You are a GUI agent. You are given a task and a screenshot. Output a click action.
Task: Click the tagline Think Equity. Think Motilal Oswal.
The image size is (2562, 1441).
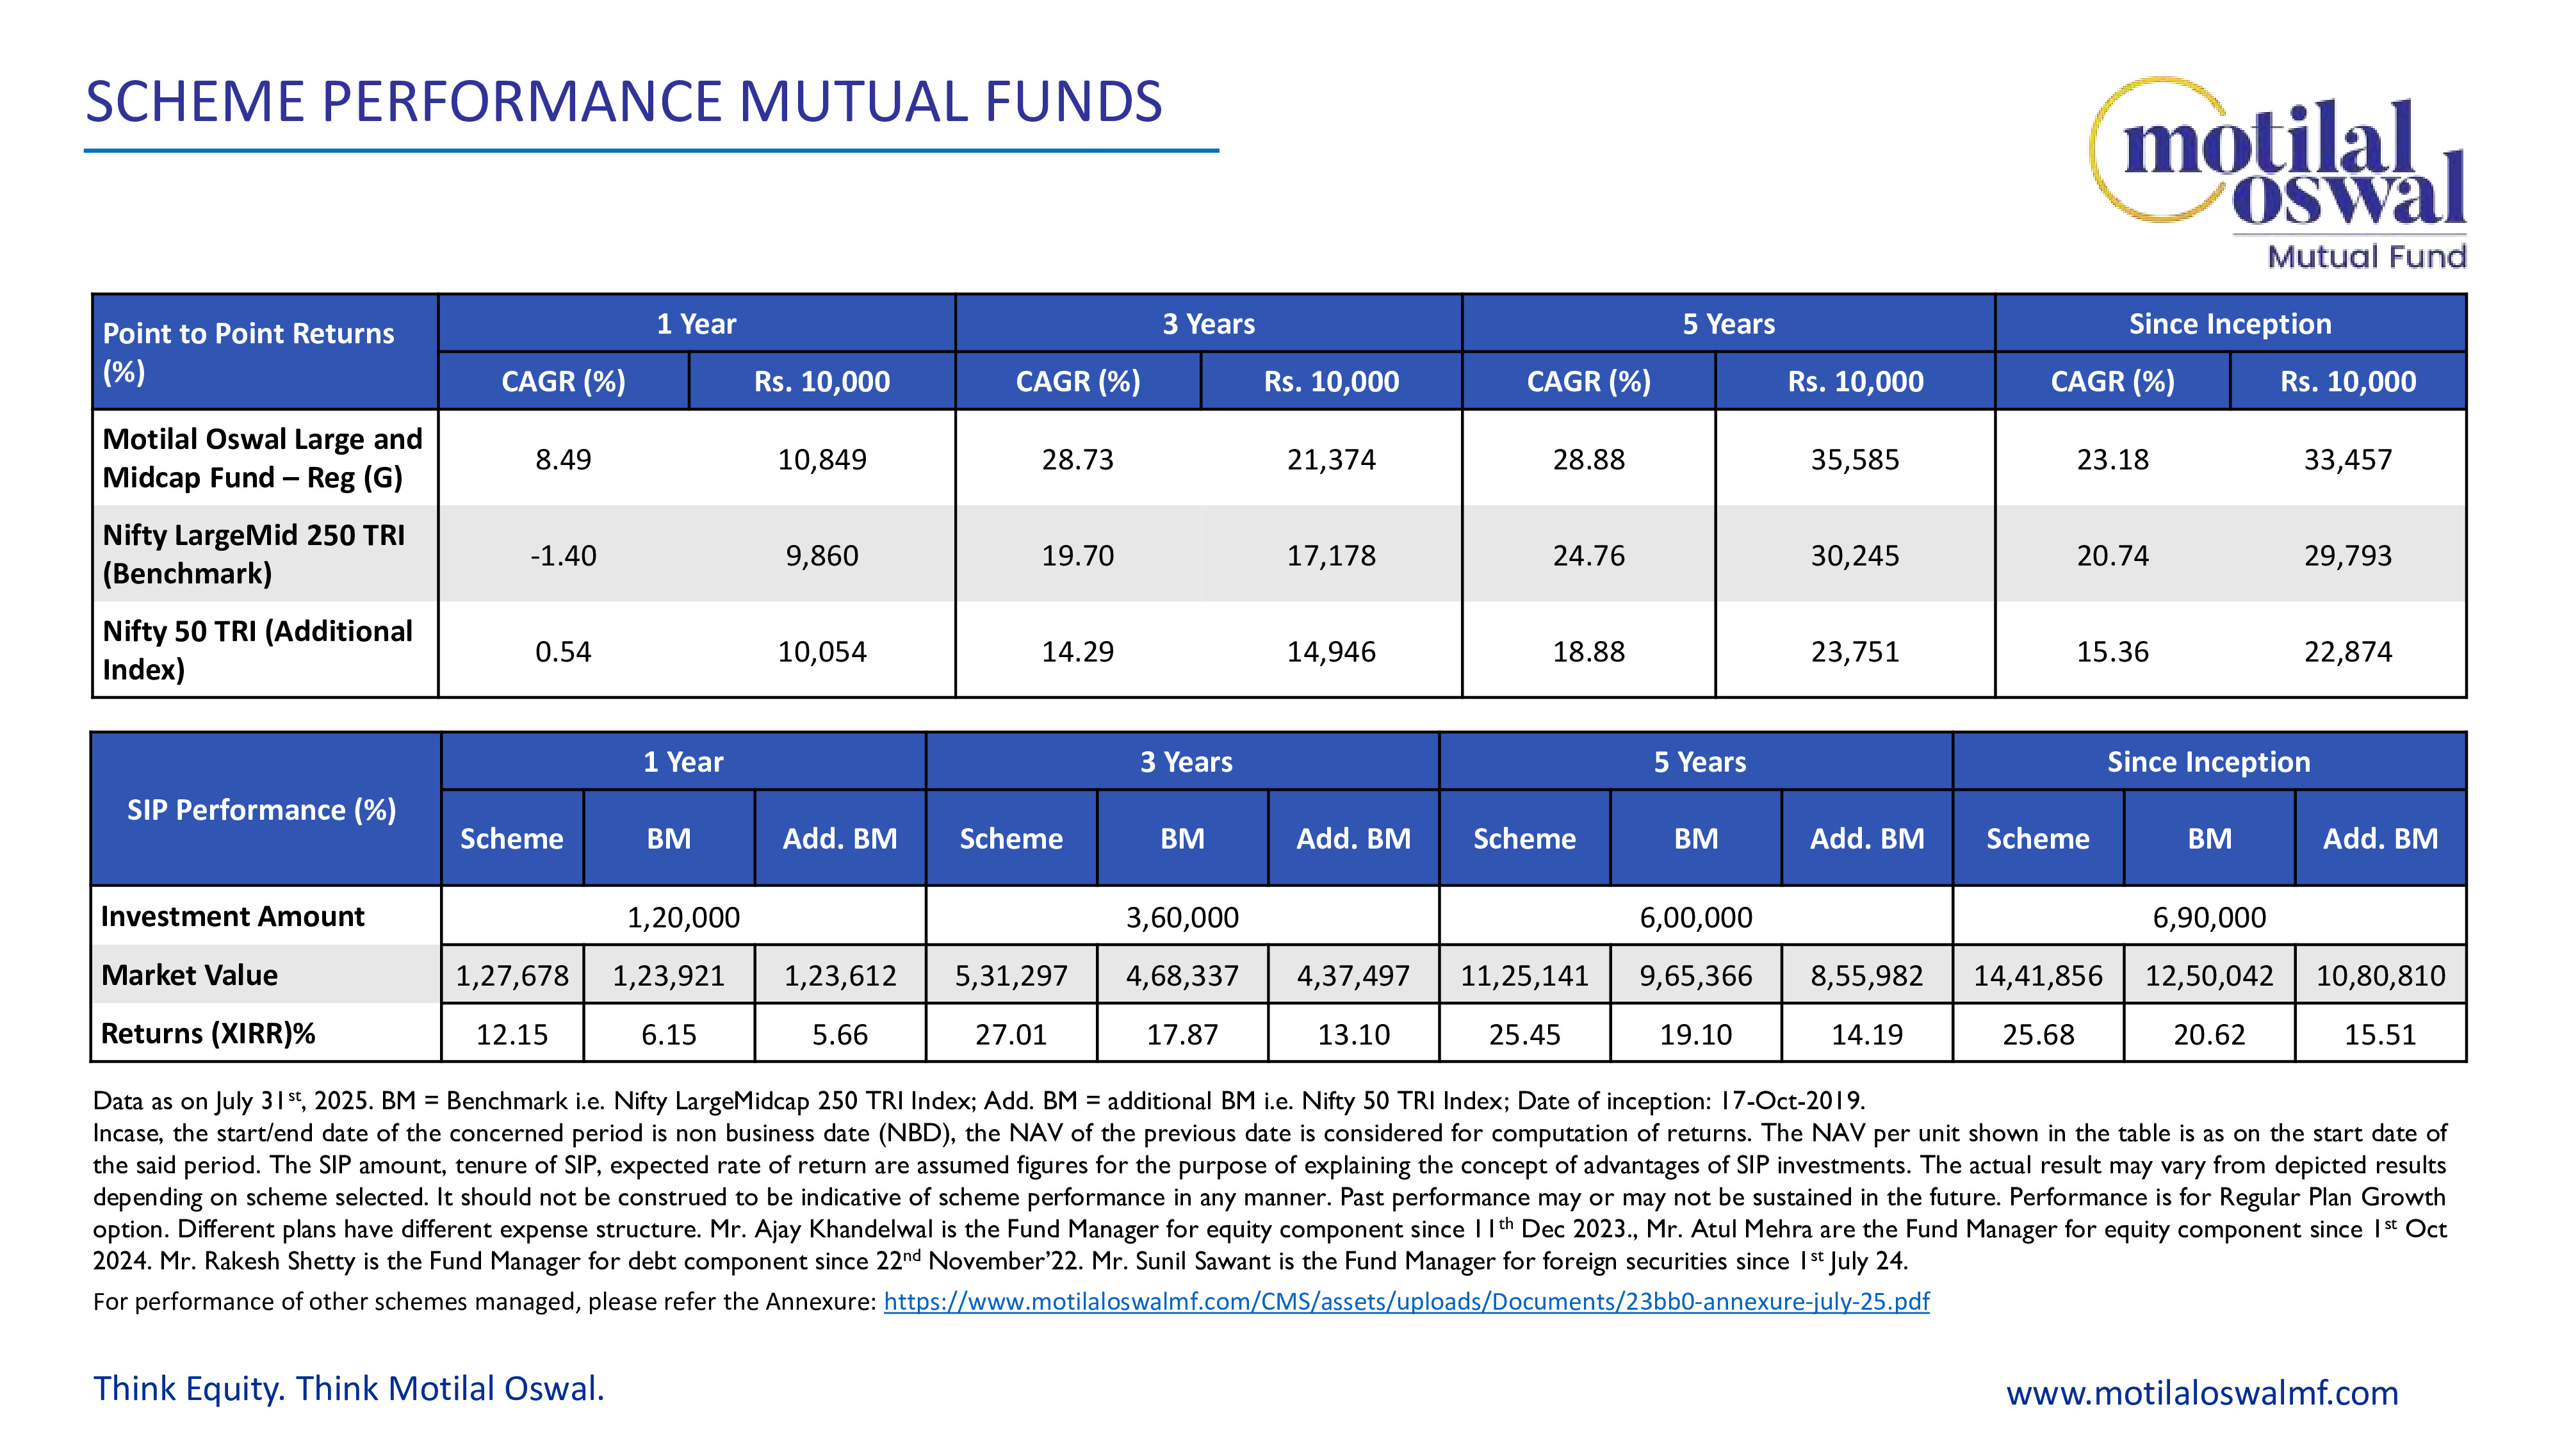pyautogui.click(x=348, y=1388)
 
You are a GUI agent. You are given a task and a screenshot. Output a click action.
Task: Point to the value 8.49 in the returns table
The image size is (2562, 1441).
pyautogui.click(x=563, y=459)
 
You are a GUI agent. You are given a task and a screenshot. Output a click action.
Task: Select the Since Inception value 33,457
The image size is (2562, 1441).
pyautogui.click(x=2347, y=459)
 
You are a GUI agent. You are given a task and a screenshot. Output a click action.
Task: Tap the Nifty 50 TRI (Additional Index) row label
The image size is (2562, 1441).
pyautogui.click(x=257, y=651)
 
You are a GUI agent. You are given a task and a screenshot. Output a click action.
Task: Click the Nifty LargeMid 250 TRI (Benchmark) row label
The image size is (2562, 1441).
pyautogui.click(x=254, y=554)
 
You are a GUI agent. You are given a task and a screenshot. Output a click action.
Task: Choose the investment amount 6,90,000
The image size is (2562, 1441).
pyautogui.click(x=2209, y=917)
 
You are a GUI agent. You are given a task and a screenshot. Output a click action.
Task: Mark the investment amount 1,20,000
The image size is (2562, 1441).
pyautogui.click(x=683, y=917)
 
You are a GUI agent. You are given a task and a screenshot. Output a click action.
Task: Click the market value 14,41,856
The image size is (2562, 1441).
pyautogui.click(x=2038, y=975)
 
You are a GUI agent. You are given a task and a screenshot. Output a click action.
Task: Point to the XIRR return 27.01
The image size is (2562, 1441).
pyautogui.click(x=1011, y=1034)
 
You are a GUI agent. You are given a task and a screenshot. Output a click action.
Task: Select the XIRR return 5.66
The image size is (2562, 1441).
pyautogui.click(x=840, y=1034)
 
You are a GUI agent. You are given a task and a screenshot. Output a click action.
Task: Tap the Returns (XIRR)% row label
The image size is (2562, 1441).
pyautogui.click(x=208, y=1033)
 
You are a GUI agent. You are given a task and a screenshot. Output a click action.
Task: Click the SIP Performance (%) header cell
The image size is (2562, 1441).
pyautogui.click(x=261, y=810)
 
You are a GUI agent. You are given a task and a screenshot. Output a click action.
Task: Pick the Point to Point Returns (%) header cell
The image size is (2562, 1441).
pyautogui.click(x=249, y=352)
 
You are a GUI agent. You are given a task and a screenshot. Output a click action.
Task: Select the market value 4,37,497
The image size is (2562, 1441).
pyautogui.click(x=1353, y=975)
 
